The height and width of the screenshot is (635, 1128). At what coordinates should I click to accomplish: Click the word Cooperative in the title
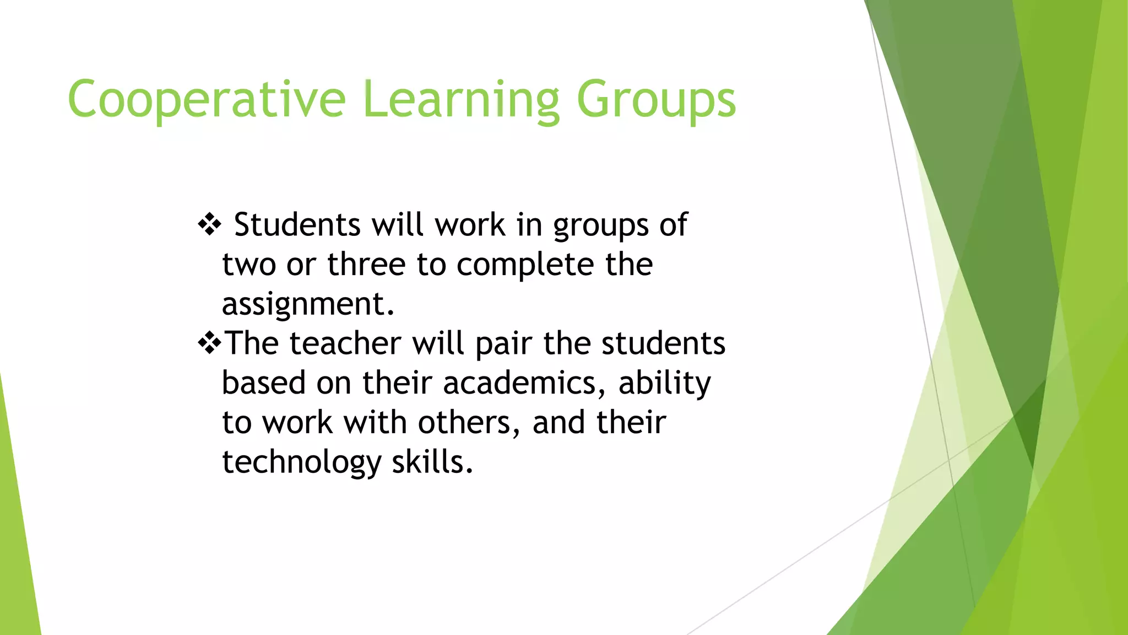pos(207,100)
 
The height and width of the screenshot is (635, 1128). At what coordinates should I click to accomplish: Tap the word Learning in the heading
pos(461,100)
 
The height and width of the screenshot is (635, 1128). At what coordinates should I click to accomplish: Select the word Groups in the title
pos(656,100)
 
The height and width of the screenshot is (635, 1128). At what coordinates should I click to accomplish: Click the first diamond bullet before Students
pos(209,225)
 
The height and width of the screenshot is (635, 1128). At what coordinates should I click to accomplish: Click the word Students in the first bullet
pos(297,225)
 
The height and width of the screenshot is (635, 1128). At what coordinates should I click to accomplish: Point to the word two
pos(249,265)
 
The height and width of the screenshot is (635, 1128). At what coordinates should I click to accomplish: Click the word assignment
pos(308,304)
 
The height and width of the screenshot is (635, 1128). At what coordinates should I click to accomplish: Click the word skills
pos(432,462)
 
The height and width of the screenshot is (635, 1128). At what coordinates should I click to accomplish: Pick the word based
pos(263,383)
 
